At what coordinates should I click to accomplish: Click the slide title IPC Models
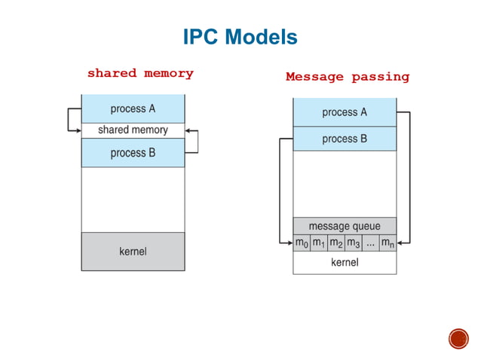pyautogui.click(x=240, y=37)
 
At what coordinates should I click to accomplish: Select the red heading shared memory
pyautogui.click(x=140, y=74)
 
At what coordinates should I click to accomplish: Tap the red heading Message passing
pyautogui.click(x=347, y=77)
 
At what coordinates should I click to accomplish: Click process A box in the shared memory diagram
pyautogui.click(x=133, y=108)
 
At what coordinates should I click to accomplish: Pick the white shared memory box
pyautogui.click(x=133, y=130)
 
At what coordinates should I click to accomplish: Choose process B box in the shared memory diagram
pyautogui.click(x=133, y=153)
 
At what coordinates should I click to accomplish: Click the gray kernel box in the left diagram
pyautogui.click(x=133, y=251)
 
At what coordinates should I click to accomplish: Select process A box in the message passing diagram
pyautogui.click(x=345, y=112)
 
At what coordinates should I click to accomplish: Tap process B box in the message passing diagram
pyautogui.click(x=345, y=139)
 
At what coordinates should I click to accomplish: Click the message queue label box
pyautogui.click(x=345, y=226)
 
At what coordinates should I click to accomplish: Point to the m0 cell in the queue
pyautogui.click(x=302, y=243)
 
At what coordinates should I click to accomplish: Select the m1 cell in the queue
pyautogui.click(x=319, y=243)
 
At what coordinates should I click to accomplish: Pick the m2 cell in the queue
pyautogui.click(x=336, y=243)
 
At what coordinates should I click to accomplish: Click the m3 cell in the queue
pyautogui.click(x=354, y=243)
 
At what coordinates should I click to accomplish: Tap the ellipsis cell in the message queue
pyautogui.click(x=370, y=243)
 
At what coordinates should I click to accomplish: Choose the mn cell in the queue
pyautogui.click(x=388, y=243)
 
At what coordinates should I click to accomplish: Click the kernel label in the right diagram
pyautogui.click(x=345, y=263)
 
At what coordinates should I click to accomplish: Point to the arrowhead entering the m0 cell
pyautogui.click(x=290, y=243)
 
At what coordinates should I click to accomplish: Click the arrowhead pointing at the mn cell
pyautogui.click(x=400, y=243)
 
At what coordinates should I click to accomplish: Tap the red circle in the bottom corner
pyautogui.click(x=458, y=338)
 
